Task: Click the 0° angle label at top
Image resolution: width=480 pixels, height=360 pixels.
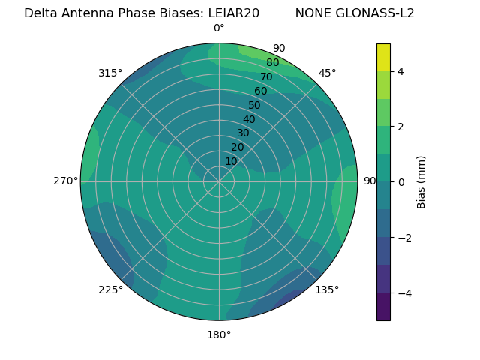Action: (x=219, y=28)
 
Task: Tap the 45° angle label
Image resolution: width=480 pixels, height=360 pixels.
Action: (x=327, y=73)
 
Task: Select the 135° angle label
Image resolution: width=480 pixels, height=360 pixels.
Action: (x=327, y=289)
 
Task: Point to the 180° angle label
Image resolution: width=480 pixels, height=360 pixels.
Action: (x=219, y=334)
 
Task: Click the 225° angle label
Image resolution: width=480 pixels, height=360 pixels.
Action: (x=110, y=289)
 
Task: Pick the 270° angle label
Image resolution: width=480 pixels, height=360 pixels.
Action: (x=65, y=181)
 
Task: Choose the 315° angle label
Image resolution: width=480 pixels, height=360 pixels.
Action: (x=110, y=73)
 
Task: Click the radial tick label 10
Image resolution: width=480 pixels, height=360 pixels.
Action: (x=231, y=161)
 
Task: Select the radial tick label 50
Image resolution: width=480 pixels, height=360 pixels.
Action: (x=255, y=106)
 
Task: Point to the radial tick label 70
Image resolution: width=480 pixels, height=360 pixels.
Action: (x=267, y=77)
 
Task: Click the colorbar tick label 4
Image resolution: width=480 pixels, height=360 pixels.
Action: (x=400, y=71)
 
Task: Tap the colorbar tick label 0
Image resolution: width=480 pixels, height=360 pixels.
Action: (x=400, y=181)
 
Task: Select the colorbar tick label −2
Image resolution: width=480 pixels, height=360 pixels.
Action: (x=403, y=237)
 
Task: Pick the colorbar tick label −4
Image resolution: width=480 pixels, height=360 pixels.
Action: (x=403, y=292)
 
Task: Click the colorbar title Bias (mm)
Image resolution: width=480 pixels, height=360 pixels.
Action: (x=421, y=181)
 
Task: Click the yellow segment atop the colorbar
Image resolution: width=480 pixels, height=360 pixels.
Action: (x=383, y=57)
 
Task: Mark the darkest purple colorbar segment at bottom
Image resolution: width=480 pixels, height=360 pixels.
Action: (x=383, y=306)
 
